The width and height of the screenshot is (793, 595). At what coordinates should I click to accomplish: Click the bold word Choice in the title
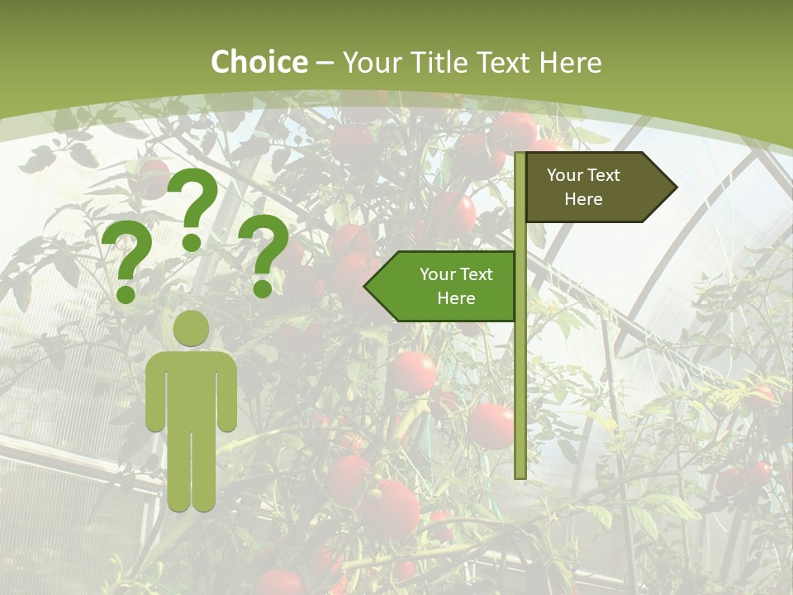(259, 63)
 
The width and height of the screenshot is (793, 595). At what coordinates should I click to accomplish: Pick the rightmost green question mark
(264, 252)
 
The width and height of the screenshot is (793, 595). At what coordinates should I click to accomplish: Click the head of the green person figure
(192, 328)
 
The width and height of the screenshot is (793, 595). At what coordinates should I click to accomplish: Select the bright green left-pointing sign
(446, 286)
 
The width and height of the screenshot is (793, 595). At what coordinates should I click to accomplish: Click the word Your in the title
(373, 63)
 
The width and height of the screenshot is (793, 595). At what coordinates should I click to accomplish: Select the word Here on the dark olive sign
(583, 199)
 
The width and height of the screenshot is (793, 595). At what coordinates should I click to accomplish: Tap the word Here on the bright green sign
(456, 298)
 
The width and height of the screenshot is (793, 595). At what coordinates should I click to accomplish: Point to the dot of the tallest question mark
(192, 242)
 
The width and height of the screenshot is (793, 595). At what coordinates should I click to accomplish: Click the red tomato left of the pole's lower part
(490, 425)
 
